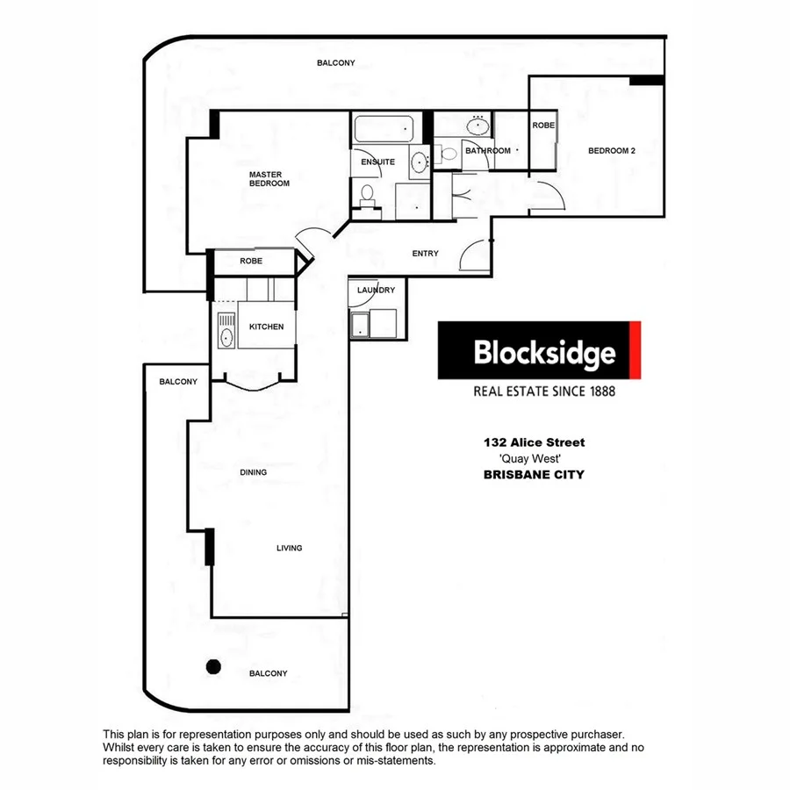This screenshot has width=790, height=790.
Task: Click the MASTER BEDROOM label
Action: [x=269, y=179]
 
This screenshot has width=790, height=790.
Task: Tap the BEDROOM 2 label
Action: [x=611, y=151]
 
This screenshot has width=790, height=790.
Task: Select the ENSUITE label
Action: [x=377, y=162]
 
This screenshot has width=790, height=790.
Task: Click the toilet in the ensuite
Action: [x=367, y=193]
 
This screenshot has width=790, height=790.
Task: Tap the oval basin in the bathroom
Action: [x=479, y=126]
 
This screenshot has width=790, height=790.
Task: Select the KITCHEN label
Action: [x=267, y=327]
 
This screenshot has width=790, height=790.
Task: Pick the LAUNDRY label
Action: [x=376, y=291]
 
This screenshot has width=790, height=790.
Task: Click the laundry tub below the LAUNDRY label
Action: [x=361, y=325]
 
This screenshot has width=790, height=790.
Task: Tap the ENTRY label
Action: [x=425, y=254]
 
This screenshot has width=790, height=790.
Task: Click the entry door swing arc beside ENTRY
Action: [x=474, y=255]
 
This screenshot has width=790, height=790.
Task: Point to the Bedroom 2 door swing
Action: [x=549, y=195]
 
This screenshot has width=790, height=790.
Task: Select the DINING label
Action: [x=253, y=472]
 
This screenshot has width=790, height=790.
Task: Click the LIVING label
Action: [x=289, y=548]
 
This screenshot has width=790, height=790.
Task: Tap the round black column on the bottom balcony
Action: [x=212, y=666]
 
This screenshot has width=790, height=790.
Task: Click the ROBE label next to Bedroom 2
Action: [x=543, y=126]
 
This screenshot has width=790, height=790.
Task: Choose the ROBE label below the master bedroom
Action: [x=252, y=262]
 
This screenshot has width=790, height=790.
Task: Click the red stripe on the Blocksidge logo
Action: [x=636, y=350]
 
